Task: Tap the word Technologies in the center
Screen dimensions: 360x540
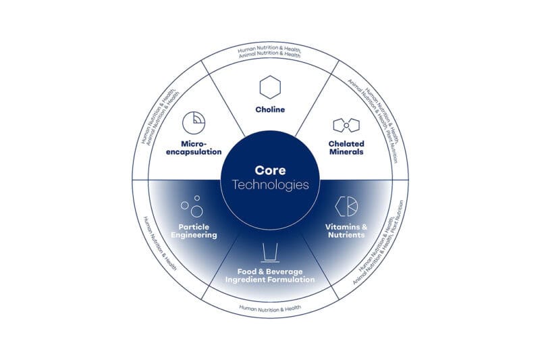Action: click(270, 184)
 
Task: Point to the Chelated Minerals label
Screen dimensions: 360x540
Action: click(346, 147)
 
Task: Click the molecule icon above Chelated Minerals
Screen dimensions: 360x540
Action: click(346, 125)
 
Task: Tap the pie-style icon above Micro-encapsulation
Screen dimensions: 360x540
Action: click(194, 122)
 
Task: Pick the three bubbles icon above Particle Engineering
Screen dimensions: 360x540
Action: click(192, 205)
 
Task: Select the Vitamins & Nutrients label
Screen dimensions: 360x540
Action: click(346, 231)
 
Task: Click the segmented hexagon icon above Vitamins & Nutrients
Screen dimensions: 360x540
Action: click(346, 205)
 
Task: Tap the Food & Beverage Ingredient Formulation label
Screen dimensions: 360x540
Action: click(270, 275)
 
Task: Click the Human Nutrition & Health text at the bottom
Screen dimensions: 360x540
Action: click(270, 309)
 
